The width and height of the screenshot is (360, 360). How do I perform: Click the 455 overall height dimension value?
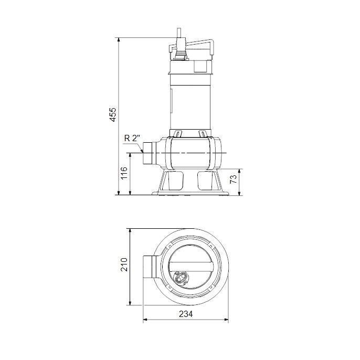(x=113, y=115)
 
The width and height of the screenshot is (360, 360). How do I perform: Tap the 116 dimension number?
(x=124, y=174)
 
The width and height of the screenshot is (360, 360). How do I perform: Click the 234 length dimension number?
(x=185, y=314)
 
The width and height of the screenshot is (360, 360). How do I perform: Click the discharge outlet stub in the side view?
(x=151, y=153)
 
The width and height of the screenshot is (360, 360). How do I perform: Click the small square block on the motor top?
(x=200, y=66)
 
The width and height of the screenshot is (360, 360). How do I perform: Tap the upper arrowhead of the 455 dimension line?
(x=119, y=40)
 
